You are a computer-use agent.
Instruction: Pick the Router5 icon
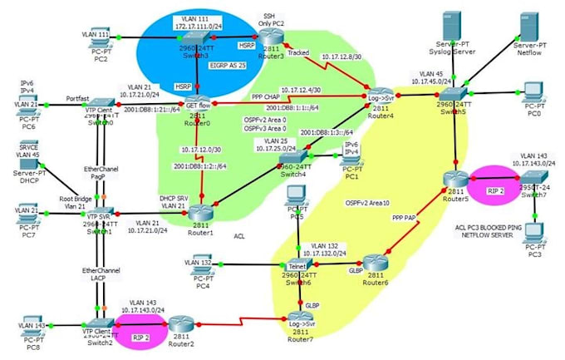454,177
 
